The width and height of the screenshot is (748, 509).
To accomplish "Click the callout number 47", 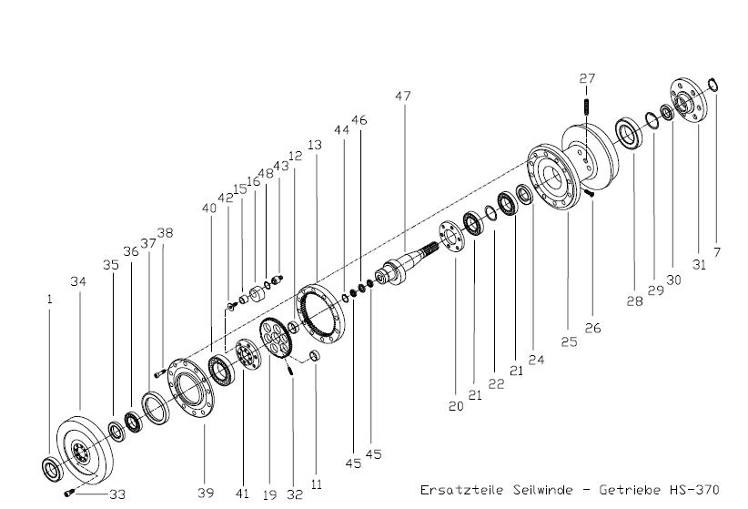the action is [x=402, y=96].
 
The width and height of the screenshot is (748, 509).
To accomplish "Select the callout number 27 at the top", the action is [x=587, y=77].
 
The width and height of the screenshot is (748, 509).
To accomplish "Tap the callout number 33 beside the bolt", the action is [x=117, y=494].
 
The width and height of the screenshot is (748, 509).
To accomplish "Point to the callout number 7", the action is [x=716, y=252].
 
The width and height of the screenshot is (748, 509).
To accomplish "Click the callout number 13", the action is [x=315, y=145].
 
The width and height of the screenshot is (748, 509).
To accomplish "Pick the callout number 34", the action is [x=78, y=281].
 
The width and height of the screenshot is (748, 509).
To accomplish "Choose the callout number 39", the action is [x=206, y=493].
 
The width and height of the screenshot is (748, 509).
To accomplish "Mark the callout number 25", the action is [x=569, y=341].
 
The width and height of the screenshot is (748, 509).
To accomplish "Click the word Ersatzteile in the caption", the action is [x=461, y=490].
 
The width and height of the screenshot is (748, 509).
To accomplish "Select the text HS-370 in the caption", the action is [x=694, y=490].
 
